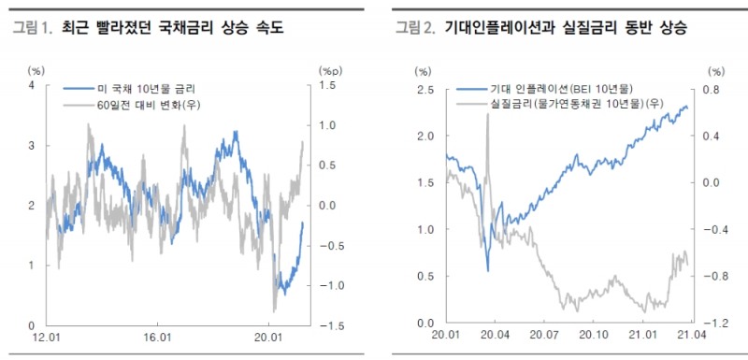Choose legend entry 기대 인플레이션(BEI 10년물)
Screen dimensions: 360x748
click(551, 89)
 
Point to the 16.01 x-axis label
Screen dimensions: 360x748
click(157, 337)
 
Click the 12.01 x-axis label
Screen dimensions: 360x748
click(44, 337)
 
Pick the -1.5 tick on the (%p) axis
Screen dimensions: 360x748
click(328, 325)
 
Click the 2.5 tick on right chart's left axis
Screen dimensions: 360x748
click(426, 90)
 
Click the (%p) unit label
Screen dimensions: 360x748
click(332, 70)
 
